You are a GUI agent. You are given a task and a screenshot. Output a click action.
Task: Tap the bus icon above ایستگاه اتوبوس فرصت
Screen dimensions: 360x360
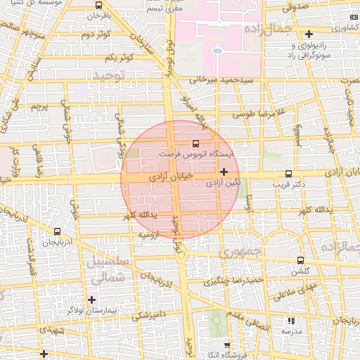195,143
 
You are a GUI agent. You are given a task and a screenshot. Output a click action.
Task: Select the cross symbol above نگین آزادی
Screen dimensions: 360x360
224,172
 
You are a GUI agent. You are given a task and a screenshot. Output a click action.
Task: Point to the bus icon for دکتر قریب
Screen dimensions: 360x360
288,174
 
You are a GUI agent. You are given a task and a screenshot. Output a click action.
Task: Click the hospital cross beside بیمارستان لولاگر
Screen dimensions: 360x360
91,300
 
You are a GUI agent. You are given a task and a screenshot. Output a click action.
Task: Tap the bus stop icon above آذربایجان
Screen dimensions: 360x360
57,231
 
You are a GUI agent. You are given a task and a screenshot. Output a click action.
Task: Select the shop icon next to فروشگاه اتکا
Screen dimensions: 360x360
226,345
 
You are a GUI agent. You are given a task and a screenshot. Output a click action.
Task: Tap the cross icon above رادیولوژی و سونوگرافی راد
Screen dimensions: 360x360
309,34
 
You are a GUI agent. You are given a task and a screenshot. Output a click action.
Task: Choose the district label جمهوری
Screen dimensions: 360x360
238,250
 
